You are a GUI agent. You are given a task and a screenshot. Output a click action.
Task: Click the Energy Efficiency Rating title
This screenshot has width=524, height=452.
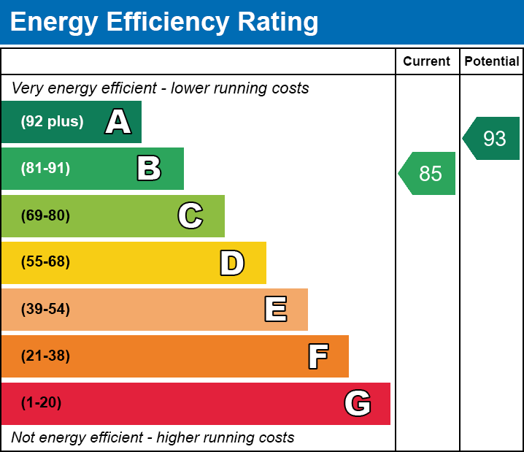(164, 23)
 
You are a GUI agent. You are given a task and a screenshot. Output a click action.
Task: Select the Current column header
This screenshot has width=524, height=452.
(426, 62)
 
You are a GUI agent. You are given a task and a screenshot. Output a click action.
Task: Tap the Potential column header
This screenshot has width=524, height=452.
(492, 62)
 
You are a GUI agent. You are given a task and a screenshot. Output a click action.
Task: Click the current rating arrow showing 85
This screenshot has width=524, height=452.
(428, 174)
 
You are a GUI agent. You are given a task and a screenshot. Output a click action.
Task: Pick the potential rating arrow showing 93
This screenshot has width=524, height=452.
(493, 138)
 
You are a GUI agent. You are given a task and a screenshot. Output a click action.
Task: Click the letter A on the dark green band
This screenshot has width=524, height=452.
(117, 122)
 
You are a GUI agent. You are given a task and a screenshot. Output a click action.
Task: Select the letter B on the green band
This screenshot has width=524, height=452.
(149, 169)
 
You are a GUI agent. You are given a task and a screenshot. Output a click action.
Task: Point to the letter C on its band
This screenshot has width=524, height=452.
(190, 215)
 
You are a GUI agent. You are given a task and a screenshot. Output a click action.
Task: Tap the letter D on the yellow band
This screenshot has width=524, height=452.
(231, 263)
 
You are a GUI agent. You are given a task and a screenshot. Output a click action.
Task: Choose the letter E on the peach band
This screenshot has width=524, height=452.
(275, 310)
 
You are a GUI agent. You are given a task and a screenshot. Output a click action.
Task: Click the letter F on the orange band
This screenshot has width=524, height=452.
(317, 356)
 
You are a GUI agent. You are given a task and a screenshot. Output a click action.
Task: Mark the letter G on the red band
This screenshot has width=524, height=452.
(358, 403)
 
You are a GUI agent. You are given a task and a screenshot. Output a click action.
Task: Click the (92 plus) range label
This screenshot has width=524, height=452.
(52, 122)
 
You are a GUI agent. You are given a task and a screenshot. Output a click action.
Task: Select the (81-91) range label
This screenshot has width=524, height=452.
(45, 169)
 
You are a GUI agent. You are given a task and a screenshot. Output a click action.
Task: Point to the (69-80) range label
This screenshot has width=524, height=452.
(45, 215)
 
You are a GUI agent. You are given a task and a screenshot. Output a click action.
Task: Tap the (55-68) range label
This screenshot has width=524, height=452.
(45, 262)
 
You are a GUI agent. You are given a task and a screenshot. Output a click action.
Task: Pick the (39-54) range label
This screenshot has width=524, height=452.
(45, 310)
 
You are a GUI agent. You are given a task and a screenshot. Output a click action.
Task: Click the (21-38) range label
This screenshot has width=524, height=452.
(45, 356)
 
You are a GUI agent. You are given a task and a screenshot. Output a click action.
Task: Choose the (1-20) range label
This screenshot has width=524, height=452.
(42, 403)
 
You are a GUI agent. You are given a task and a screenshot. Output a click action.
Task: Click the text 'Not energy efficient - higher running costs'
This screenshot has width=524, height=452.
(153, 438)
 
